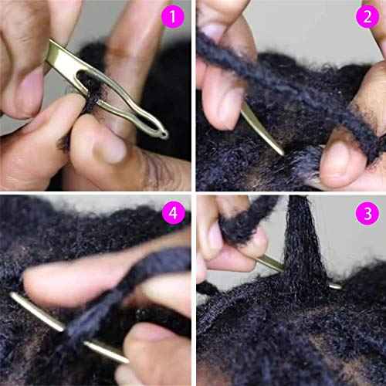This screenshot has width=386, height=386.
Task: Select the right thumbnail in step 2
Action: click(x=334, y=151)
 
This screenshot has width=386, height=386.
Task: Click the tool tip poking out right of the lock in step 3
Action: click(x=335, y=286)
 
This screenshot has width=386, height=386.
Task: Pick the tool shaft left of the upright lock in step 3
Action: click(x=270, y=264)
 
